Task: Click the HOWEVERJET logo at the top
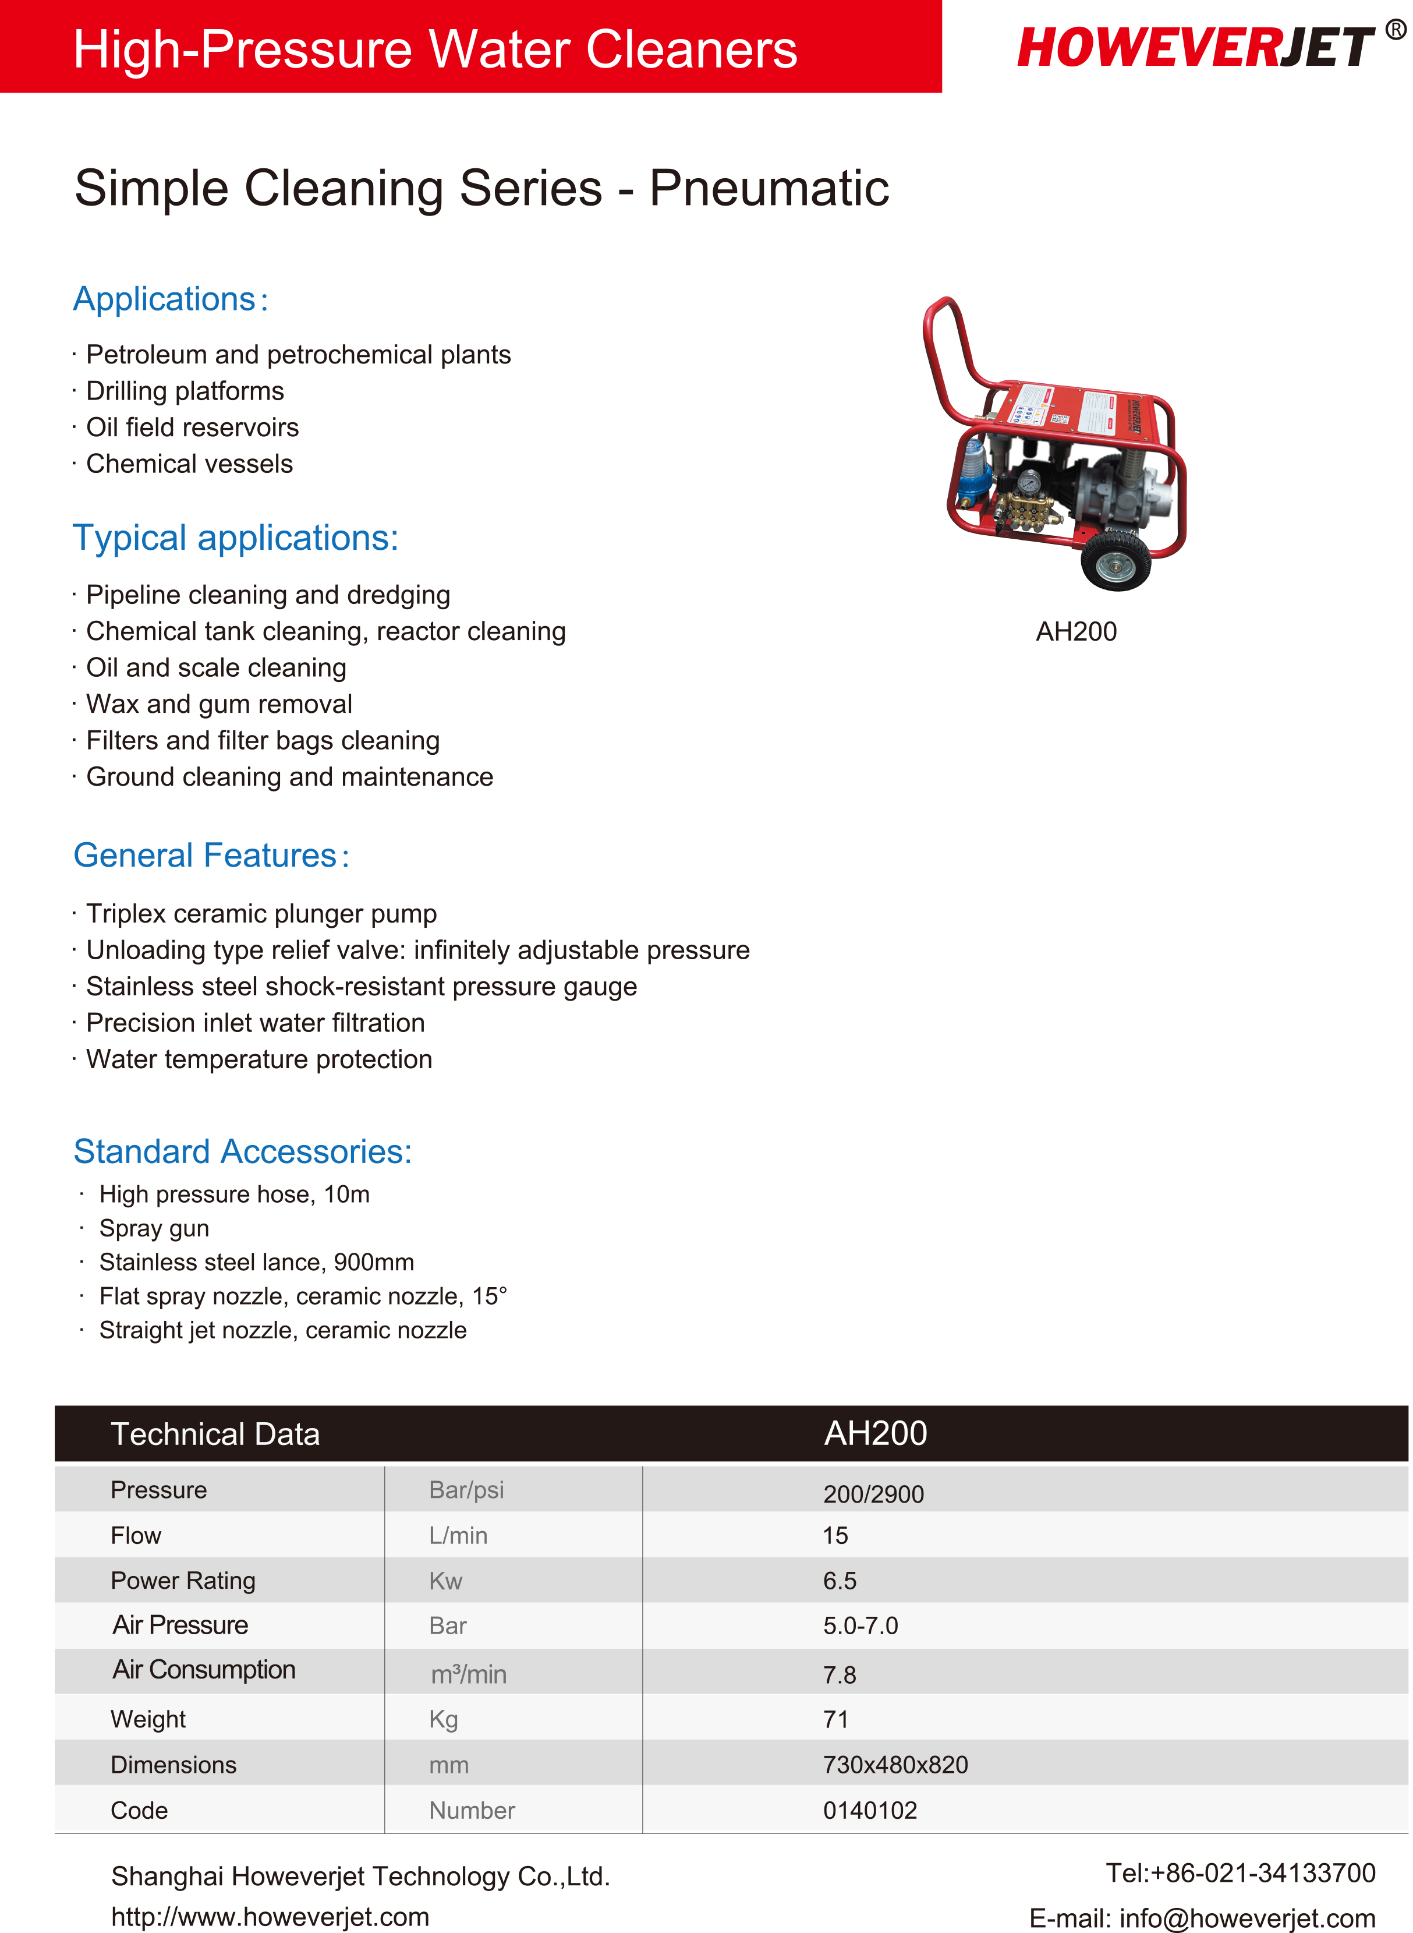pyautogui.click(x=1196, y=47)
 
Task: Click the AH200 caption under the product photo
pyautogui.click(x=1076, y=631)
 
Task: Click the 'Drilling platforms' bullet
pyautogui.click(x=185, y=391)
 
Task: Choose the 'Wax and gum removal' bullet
pyautogui.click(x=219, y=704)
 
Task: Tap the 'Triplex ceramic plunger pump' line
pyautogui.click(x=261, y=913)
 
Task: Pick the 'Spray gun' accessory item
pyautogui.click(x=154, y=1228)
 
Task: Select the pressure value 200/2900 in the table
pyautogui.click(x=873, y=1494)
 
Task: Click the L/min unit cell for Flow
pyautogui.click(x=458, y=1535)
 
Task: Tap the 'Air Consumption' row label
pyautogui.click(x=204, y=1669)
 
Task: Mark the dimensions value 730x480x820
pyautogui.click(x=895, y=1765)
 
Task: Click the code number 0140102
pyautogui.click(x=870, y=1810)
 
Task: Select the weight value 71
pyautogui.click(x=835, y=1719)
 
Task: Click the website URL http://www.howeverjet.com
pyautogui.click(x=270, y=1917)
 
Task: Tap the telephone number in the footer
pyautogui.click(x=1240, y=1873)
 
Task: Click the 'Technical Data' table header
pyautogui.click(x=215, y=1434)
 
